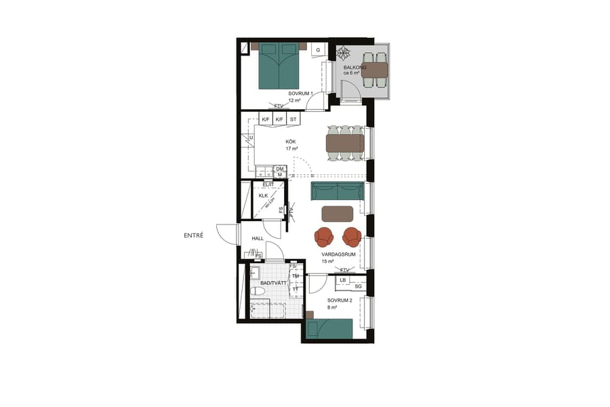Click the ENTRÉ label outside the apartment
point(195,236)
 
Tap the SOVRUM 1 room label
point(299,94)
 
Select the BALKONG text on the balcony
point(354,68)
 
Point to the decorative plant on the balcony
point(344,54)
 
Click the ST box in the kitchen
point(293,120)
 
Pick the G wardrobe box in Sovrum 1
point(317,50)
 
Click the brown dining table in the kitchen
point(344,143)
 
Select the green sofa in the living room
point(336,191)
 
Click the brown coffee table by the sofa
point(337,214)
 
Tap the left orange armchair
point(324,237)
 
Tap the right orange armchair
point(352,237)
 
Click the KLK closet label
point(264,196)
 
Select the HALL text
point(258,239)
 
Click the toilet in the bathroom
point(258,291)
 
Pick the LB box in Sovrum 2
point(343,279)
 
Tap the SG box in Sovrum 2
point(358,287)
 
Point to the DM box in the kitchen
point(279,169)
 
